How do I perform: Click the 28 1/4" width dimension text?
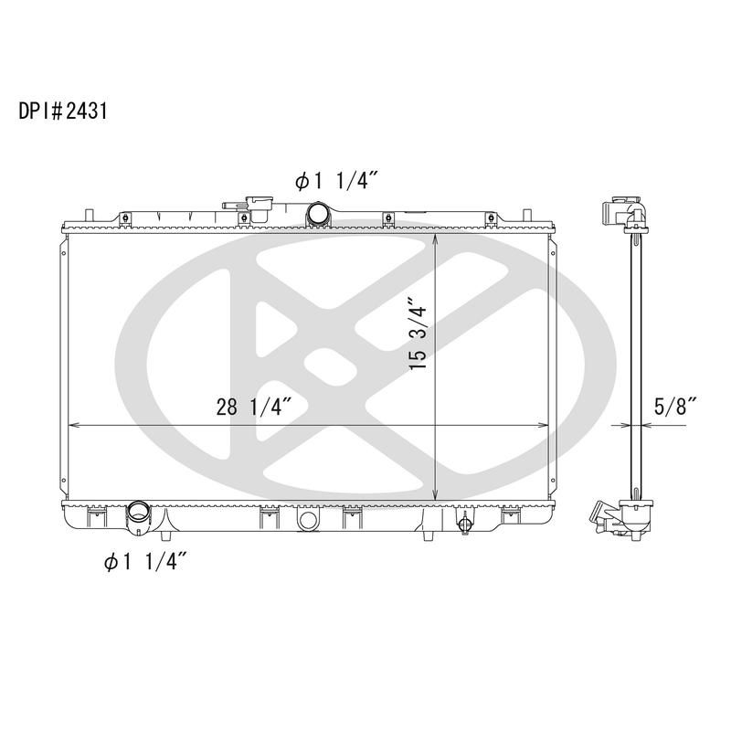[254, 408]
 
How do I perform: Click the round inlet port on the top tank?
[319, 216]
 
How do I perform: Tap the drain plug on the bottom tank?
[464, 524]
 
